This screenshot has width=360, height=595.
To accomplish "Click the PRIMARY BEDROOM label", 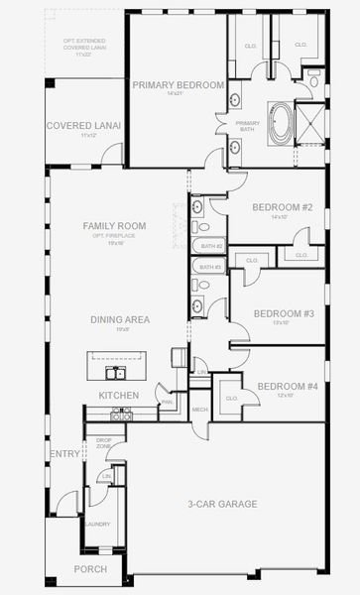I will [x=179, y=85].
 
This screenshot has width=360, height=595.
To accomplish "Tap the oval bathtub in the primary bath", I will [x=283, y=122].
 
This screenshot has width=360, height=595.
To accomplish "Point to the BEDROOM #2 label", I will [x=282, y=207].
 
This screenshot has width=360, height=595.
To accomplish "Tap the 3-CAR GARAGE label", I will [x=223, y=504].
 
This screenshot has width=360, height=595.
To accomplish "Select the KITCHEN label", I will [x=118, y=396].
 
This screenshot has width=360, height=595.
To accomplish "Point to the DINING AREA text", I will [x=120, y=319].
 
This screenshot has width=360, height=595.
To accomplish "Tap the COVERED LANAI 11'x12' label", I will [x=83, y=128].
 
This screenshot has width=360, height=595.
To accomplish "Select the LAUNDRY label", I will [x=97, y=524].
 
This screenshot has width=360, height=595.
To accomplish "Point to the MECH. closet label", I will [x=199, y=409].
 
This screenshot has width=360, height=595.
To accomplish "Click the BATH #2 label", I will [x=209, y=244].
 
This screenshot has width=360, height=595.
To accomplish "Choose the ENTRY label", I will [x=64, y=454].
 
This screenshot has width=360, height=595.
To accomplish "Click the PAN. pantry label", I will [x=168, y=403].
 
